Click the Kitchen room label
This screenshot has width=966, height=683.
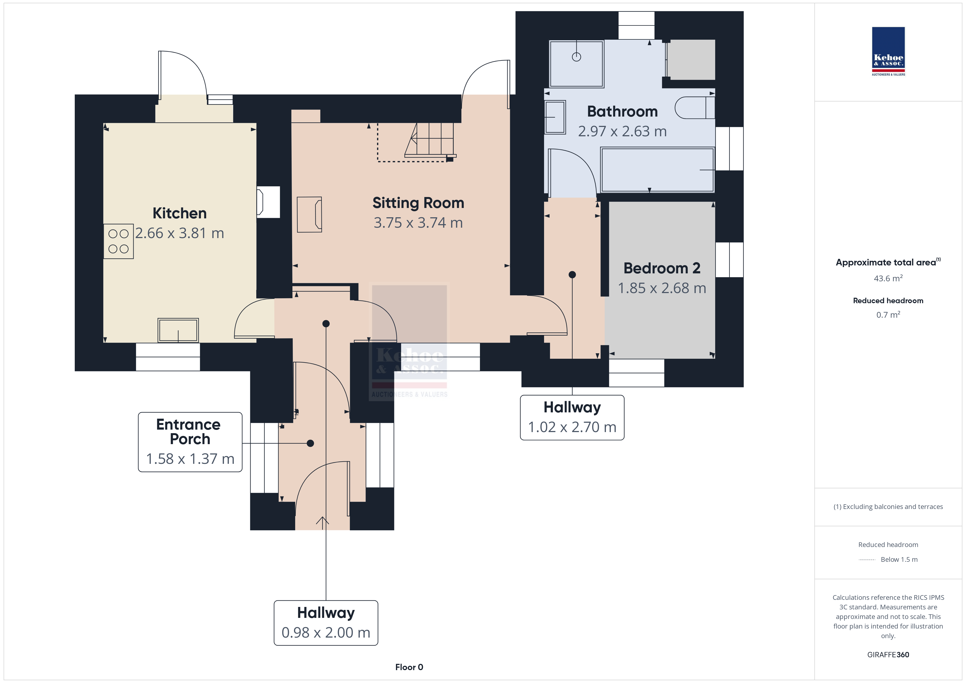coord(180,213)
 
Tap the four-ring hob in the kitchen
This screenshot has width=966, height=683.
coord(119,241)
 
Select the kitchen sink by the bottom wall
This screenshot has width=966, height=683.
coord(178,330)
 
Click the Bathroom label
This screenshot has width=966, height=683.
coord(622,111)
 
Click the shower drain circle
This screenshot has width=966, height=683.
coord(576,57)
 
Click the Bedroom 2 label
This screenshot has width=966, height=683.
coord(662,268)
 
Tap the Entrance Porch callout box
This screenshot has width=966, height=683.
coord(190,442)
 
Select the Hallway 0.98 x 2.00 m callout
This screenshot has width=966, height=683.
coord(326,623)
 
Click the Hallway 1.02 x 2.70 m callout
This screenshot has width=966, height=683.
coord(572,418)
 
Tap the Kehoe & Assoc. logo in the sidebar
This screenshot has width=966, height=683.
coord(888,51)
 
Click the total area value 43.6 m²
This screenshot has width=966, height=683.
coord(888,278)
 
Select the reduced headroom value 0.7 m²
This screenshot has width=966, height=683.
coord(888,315)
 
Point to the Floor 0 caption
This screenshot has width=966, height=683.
coord(409,667)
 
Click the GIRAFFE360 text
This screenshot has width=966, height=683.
coord(888,655)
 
